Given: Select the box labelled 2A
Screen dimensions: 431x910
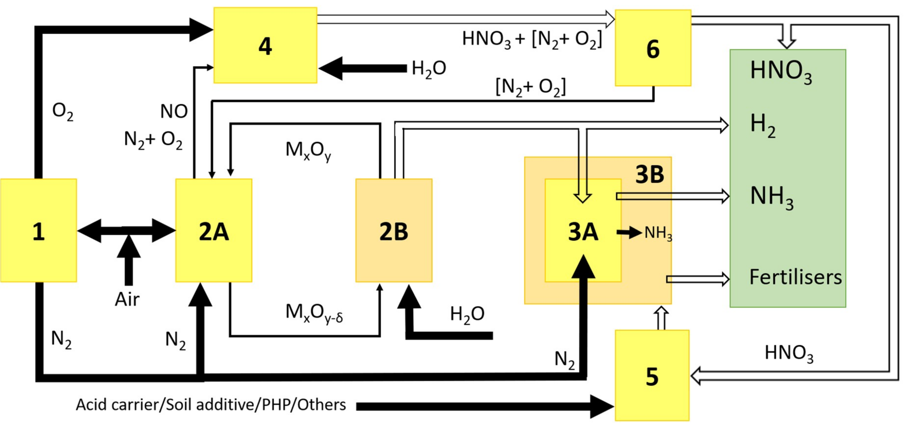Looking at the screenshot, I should [214, 230].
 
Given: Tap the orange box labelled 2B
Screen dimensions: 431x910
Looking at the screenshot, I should [394, 230].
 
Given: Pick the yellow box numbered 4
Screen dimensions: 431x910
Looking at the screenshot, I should [265, 45].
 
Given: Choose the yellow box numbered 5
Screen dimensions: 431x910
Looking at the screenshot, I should [652, 376].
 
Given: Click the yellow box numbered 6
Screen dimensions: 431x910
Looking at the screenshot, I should [653, 48].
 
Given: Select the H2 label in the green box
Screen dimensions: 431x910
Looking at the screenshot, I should [762, 125].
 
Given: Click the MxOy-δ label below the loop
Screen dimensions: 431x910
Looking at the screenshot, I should [314, 313].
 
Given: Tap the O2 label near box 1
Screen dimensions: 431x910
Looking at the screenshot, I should [63, 112].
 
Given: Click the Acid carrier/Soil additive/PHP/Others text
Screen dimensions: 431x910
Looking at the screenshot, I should [211, 405].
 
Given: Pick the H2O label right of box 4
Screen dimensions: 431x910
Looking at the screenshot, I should [429, 68].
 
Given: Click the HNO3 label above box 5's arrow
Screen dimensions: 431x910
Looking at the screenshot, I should [789, 353].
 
